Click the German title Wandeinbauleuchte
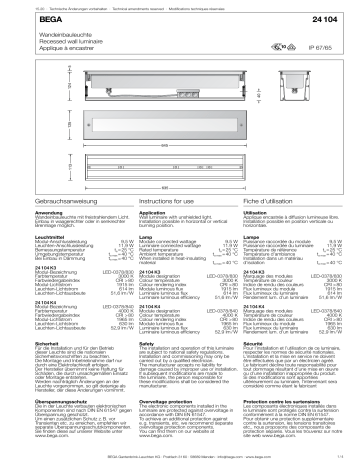[41, 33]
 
